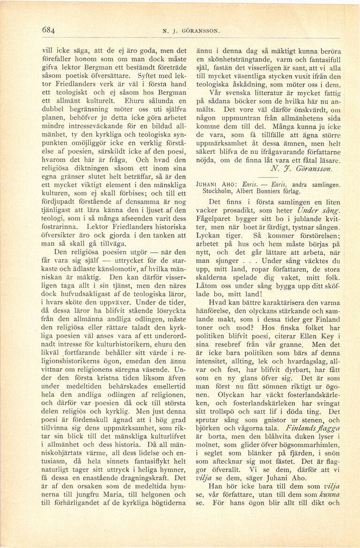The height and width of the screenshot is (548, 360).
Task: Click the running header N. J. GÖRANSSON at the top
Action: pyautogui.click(x=191, y=31)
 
